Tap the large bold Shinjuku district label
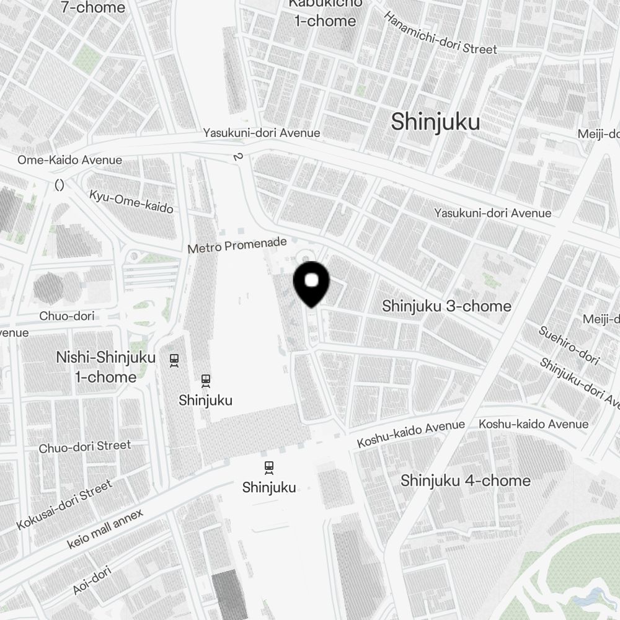pyautogui.click(x=435, y=122)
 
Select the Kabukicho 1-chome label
pyautogui.click(x=325, y=12)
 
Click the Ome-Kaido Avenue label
pyautogui.click(x=69, y=160)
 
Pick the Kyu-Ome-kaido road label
pyautogui.click(x=131, y=200)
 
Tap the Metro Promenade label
pyautogui.click(x=237, y=245)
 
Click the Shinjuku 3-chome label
pyautogui.click(x=446, y=306)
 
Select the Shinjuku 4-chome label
pyautogui.click(x=465, y=480)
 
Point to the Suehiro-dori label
pyautogui.click(x=569, y=345)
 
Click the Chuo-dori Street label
pyautogui.click(x=85, y=446)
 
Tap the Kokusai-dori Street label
pyautogui.click(x=64, y=505)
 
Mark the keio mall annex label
pyautogui.click(x=105, y=528)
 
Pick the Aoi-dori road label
pyautogui.click(x=91, y=580)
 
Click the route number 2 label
pyautogui.click(x=237, y=157)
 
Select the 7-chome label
pyautogui.click(x=93, y=7)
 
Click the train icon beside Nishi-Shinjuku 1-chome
pyautogui.click(x=174, y=360)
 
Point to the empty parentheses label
pyautogui.click(x=60, y=184)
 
